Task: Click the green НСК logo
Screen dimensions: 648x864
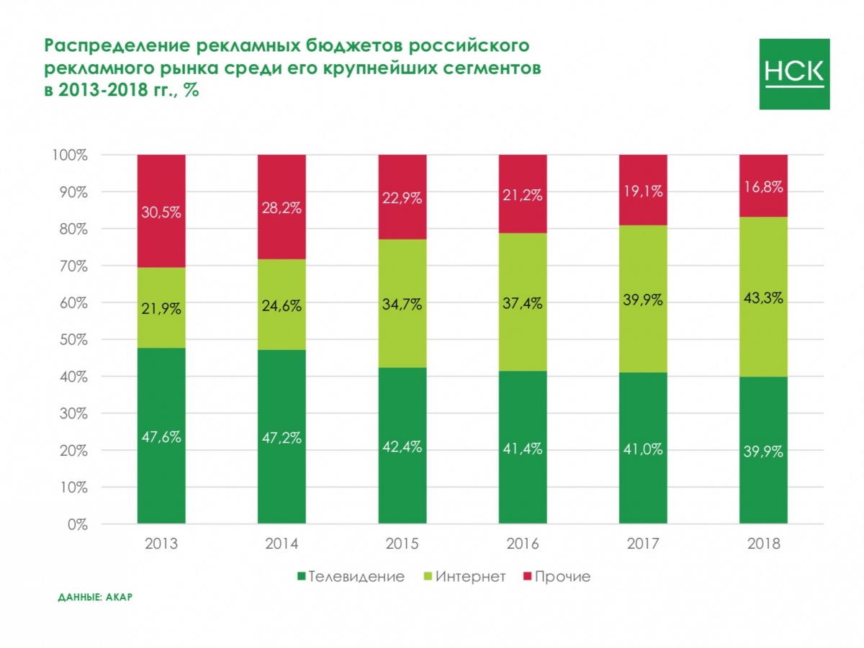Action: pyautogui.click(x=794, y=74)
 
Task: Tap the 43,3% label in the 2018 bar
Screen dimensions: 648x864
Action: pyautogui.click(x=763, y=297)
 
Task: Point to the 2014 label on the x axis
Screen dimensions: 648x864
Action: pyautogui.click(x=282, y=544)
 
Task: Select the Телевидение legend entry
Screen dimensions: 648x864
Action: pyautogui.click(x=351, y=577)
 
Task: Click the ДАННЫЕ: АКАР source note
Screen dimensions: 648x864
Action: pyautogui.click(x=95, y=598)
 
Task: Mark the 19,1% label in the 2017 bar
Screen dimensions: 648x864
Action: pyautogui.click(x=643, y=192)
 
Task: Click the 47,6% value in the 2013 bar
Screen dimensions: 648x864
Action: pyautogui.click(x=161, y=437)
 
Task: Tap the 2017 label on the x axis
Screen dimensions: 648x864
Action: pyautogui.click(x=643, y=544)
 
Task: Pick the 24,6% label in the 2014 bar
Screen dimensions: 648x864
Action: pyautogui.click(x=282, y=305)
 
